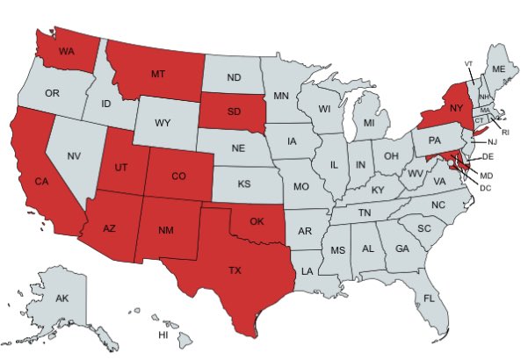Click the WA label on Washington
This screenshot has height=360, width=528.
pos(65,51)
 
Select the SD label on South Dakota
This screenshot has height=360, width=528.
pos(234,113)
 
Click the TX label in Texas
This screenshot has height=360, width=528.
pos(235,270)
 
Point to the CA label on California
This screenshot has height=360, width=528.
pos(40,181)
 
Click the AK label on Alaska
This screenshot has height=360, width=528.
pos(61,299)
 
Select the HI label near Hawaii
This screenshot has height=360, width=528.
pos(163,335)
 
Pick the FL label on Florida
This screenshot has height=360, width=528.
pos(429,299)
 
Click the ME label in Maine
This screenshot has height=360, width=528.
pos(498,68)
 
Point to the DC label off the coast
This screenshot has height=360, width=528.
pos(486,188)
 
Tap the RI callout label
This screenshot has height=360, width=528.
pos(505,132)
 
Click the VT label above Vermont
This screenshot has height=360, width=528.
pos(468,64)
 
